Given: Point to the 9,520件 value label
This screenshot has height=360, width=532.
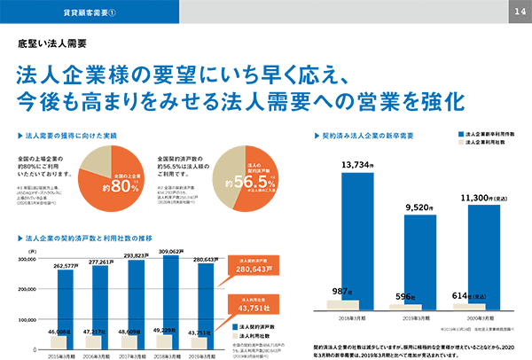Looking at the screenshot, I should click(421, 206).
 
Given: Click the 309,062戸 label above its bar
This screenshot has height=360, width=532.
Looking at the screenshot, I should click(176, 252).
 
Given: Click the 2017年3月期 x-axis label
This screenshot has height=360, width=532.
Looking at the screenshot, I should click(137, 354).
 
